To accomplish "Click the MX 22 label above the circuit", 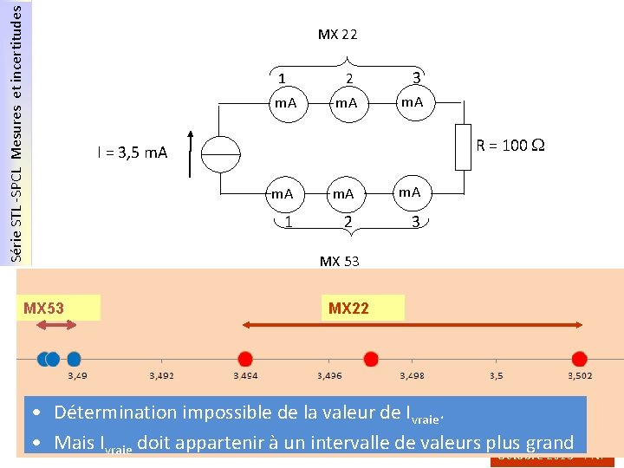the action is [337, 36].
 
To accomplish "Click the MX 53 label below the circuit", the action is [339, 261].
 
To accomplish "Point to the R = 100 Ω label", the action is [510, 145].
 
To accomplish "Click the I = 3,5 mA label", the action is [132, 153].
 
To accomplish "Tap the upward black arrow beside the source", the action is [188, 153].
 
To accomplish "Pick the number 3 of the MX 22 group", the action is [416, 78].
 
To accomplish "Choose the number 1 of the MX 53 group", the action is [288, 222].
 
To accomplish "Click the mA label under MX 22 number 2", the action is [347, 104].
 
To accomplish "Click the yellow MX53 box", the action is [62, 308].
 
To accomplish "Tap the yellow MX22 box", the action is [365, 308].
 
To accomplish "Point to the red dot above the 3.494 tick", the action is [245, 358].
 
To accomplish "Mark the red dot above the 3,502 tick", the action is [579, 358].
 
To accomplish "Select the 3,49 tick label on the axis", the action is [77, 376].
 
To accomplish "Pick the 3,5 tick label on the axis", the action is [496, 376].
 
